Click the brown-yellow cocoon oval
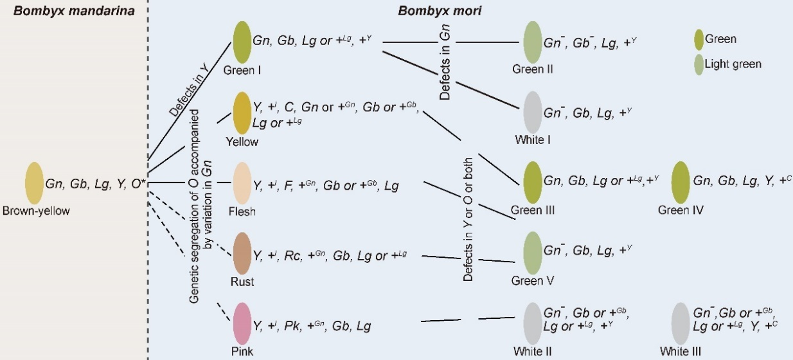[x=34, y=184]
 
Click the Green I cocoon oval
[x=242, y=42]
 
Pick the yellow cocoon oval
[x=242, y=113]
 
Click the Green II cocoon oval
[x=533, y=42]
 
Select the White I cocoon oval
[x=533, y=113]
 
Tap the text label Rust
[x=242, y=282]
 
